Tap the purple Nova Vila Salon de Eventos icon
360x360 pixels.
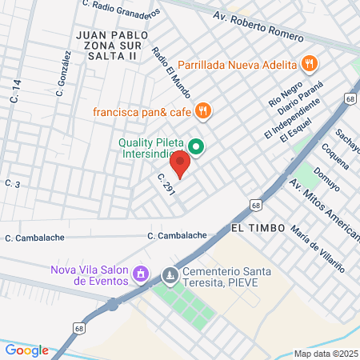pyautogui.click(x=142, y=274)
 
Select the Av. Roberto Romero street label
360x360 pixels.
pyautogui.click(x=258, y=26)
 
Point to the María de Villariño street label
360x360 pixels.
pyautogui.click(x=318, y=250)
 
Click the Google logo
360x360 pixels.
pyautogui.click(x=26, y=350)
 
